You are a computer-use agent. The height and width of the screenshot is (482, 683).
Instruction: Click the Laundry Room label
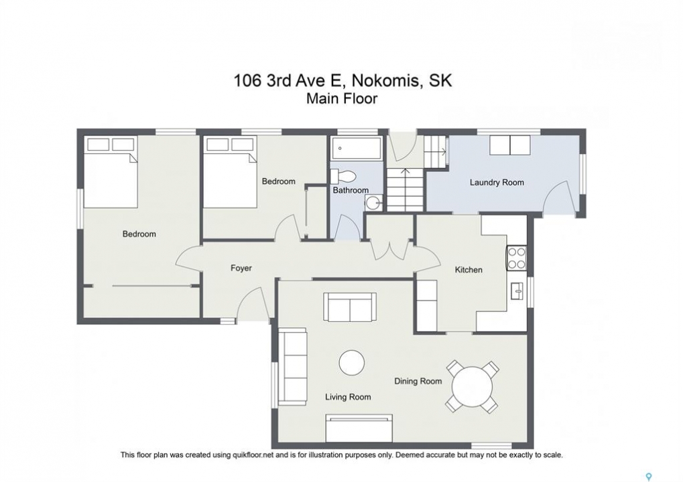pos(497,182)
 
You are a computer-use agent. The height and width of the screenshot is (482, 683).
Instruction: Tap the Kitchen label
pos(469,270)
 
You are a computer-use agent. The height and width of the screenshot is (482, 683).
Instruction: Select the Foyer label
pos(241,268)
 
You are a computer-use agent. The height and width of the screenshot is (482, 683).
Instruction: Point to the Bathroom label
pos(351,190)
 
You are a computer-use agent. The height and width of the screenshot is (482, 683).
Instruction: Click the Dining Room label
pos(418,382)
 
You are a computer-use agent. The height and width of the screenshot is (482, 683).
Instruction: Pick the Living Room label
pos(348,397)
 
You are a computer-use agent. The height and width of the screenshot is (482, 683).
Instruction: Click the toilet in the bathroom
pos(344,176)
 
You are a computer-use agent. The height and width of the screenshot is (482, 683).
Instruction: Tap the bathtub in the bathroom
pos(357,148)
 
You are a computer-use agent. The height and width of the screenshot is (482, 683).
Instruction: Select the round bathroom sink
pos(373,202)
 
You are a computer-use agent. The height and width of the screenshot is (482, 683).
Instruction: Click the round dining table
pos(472,386)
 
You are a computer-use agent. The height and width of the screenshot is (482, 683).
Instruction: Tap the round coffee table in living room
pos(352,363)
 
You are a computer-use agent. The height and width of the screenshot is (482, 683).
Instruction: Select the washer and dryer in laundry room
pos(510,145)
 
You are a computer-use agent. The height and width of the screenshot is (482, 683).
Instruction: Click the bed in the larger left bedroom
pos(111,172)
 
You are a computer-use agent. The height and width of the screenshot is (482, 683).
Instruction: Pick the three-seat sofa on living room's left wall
pos(293,368)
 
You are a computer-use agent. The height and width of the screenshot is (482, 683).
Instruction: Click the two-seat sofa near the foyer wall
pos(350,307)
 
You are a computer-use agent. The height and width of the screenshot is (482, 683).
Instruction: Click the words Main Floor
pos(342,98)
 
